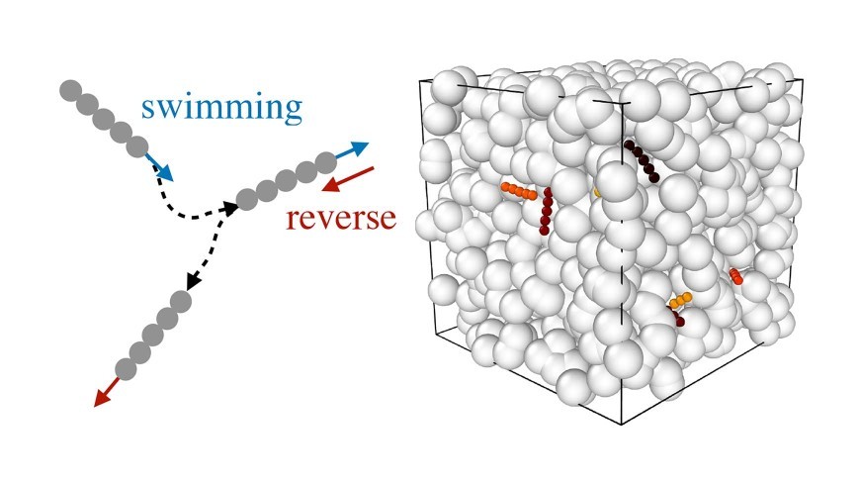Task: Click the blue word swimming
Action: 221,107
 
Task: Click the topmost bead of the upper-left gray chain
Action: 69,90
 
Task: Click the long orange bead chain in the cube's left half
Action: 518,190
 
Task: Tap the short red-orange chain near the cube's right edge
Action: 736,276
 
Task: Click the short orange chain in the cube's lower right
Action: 679,299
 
